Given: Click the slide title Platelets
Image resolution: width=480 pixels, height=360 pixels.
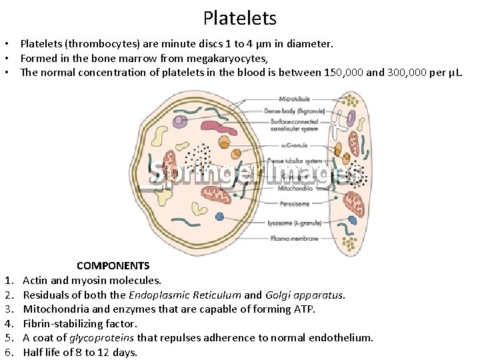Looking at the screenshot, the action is [x=239, y=17].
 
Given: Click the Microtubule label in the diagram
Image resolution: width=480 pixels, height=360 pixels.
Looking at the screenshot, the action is [x=293, y=99].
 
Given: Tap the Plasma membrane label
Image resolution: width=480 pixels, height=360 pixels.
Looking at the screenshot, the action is [x=294, y=238].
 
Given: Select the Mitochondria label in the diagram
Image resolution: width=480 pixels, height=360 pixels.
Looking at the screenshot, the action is [x=291, y=189].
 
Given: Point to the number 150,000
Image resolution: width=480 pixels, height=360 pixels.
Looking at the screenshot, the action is [x=343, y=72].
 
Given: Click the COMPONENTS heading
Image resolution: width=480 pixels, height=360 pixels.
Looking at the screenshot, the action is [x=113, y=266].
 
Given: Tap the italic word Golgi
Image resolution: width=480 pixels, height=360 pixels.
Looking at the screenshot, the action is [x=279, y=295].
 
